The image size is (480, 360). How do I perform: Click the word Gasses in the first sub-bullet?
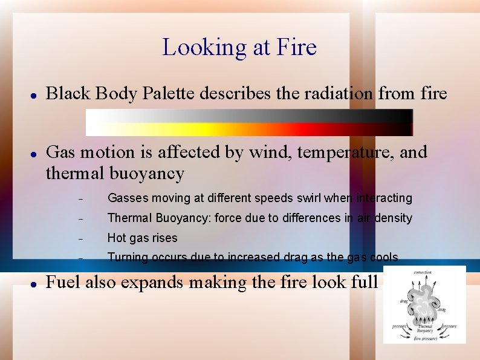(126, 198)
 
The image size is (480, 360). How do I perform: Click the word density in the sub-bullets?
(392, 218)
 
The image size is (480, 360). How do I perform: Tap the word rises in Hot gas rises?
(165, 238)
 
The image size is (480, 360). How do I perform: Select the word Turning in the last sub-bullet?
(128, 258)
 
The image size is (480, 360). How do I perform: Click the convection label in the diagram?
(423, 273)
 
